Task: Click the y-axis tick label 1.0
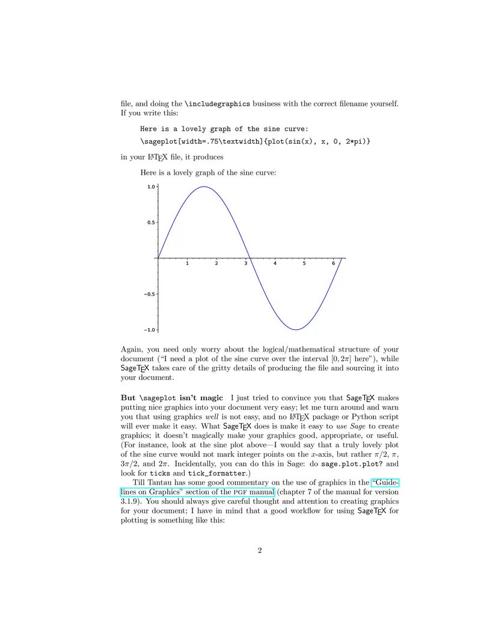pos(151,187)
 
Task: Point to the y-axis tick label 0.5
pos(151,223)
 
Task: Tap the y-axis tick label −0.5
pos(150,294)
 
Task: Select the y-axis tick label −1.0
pos(150,330)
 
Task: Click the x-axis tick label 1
pos(187,264)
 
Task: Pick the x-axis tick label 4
pos(275,264)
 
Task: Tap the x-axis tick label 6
pos(334,264)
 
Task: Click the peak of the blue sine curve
pos(204,187)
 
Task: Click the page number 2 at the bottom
pos(260,550)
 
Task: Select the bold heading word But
pos(128,398)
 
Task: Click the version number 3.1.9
pos(132,501)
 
